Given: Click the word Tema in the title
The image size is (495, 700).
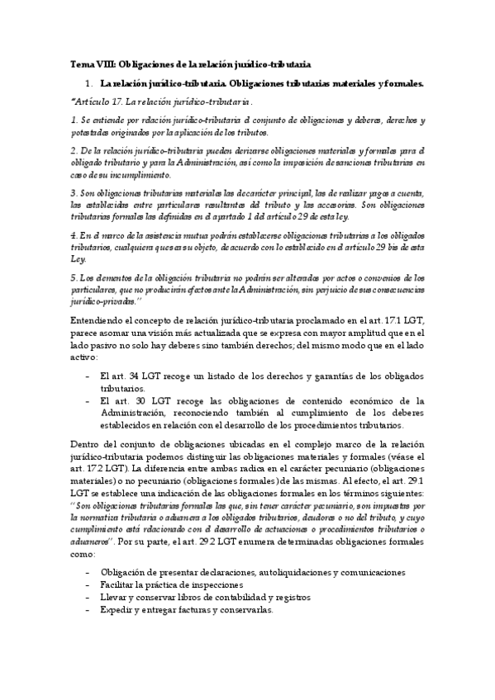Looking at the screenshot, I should click(81, 64).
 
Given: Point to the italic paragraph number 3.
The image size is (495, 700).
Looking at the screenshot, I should click(74, 192).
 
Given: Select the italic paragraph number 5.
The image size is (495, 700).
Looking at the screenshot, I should click(74, 278).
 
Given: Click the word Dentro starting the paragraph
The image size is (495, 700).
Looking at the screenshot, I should click(85, 445).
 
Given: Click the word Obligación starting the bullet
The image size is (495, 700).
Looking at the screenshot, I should click(123, 571).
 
